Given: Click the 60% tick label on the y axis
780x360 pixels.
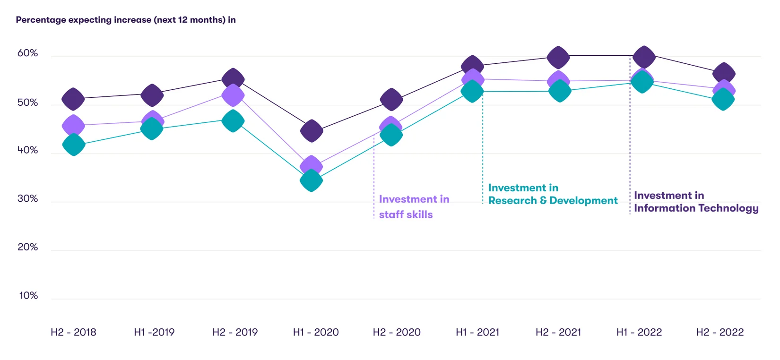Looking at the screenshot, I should (27, 53).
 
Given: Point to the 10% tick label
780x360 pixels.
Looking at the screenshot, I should (28, 296).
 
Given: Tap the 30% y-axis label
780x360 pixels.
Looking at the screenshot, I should (27, 199).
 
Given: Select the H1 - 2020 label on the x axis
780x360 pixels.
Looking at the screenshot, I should (316, 332).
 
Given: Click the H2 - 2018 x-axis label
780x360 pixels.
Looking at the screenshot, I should (73, 332).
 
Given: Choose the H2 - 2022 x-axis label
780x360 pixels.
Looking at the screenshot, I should (719, 332).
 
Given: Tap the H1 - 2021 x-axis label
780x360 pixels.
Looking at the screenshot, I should (477, 332).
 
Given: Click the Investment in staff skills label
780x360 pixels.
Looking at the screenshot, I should (414, 207).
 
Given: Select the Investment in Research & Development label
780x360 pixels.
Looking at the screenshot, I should (552, 194).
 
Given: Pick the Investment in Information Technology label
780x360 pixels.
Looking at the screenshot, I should (696, 202).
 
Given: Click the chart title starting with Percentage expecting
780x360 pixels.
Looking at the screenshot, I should (126, 20).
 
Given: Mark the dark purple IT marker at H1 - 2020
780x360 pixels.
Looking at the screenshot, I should (312, 131).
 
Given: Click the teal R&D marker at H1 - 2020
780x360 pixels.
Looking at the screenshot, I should (311, 180).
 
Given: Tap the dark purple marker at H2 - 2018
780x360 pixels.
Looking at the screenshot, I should (73, 99).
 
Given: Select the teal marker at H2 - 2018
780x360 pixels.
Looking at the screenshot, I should (74, 145).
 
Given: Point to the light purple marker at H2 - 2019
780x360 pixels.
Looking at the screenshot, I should (233, 95).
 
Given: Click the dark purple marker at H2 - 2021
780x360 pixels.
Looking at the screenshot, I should (558, 58).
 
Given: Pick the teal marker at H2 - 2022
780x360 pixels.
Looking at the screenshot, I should (723, 99).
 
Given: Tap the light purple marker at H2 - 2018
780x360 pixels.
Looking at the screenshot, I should (73, 125).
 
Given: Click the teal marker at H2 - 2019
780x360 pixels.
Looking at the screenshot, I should (233, 121).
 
